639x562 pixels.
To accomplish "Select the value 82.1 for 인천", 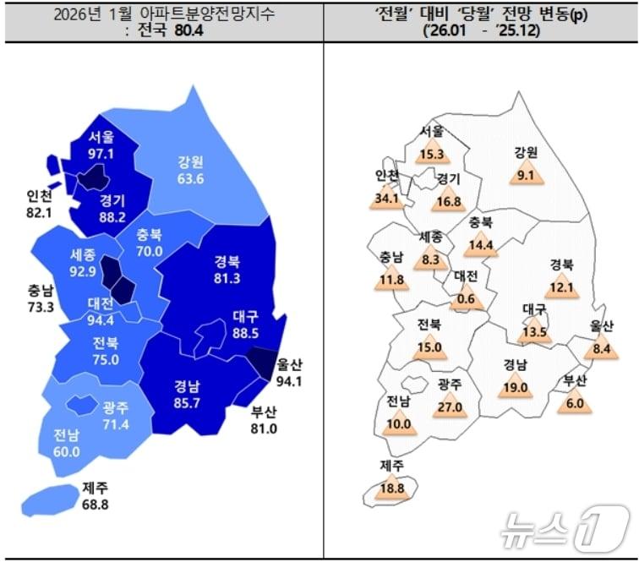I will [39, 212].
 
